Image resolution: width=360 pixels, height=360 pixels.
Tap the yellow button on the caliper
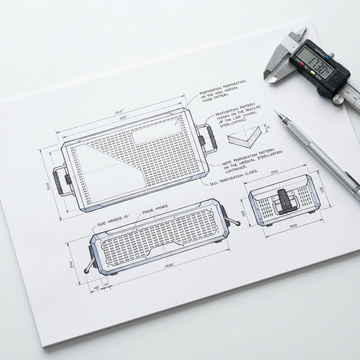point(311,73)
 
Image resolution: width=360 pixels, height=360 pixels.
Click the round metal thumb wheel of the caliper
point(338,99)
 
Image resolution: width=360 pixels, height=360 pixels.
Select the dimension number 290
point(274,172)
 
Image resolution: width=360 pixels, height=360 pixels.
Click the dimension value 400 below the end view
point(292,226)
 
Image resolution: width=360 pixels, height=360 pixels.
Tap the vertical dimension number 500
point(48,186)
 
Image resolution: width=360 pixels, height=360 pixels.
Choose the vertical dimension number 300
point(71,264)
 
